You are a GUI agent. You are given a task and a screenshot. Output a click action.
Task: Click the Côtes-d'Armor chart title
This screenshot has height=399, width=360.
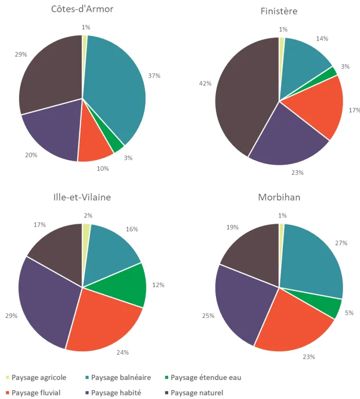(x=82, y=9)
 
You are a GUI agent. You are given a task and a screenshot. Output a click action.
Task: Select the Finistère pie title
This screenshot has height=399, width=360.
(x=279, y=11)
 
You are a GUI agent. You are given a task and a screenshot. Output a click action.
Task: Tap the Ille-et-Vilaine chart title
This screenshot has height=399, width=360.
(x=82, y=197)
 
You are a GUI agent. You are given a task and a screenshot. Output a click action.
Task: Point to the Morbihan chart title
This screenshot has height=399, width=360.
(x=279, y=197)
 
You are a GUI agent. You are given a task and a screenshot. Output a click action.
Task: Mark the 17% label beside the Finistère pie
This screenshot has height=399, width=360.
(x=354, y=110)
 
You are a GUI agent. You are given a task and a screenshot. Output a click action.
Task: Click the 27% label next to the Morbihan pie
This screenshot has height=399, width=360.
(x=341, y=243)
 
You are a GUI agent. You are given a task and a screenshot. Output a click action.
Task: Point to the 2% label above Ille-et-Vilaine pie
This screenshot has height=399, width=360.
(x=88, y=216)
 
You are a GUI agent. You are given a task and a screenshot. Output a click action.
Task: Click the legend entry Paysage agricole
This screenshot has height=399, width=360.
(x=39, y=377)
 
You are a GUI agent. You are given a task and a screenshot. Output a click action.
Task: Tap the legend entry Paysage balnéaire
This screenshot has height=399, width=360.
(x=120, y=377)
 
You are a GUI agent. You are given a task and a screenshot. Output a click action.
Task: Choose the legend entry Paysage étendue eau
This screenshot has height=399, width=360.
(x=205, y=377)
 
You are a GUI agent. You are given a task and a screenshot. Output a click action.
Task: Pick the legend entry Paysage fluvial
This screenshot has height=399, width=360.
(x=35, y=393)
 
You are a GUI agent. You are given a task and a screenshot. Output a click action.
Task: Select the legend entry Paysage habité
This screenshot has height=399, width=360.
(x=116, y=393)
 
